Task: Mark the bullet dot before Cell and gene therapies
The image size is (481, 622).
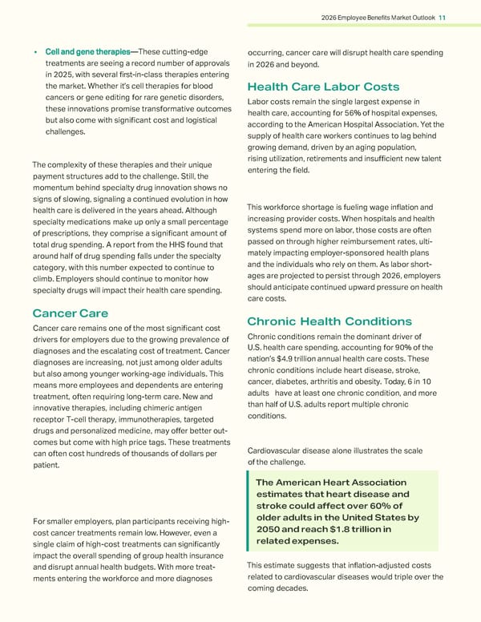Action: (x=36, y=54)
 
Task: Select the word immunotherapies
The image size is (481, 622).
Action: (x=164, y=419)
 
